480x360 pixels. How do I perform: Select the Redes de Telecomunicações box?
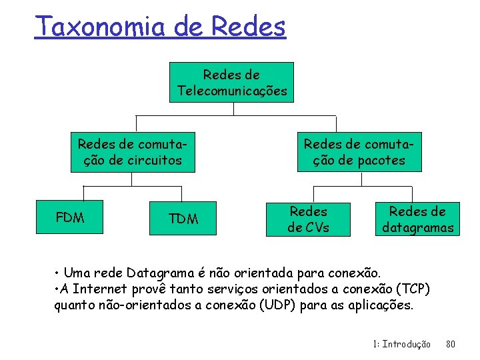(231, 83)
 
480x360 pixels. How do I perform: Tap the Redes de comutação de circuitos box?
(133, 152)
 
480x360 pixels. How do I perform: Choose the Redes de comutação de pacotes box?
(359, 152)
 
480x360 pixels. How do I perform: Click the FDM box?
(70, 217)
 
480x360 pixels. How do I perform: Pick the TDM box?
(183, 218)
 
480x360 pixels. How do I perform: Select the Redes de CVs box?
(308, 219)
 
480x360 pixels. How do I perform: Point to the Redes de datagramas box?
(417, 219)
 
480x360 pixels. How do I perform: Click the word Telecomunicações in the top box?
(231, 91)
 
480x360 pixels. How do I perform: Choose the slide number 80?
(450, 344)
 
